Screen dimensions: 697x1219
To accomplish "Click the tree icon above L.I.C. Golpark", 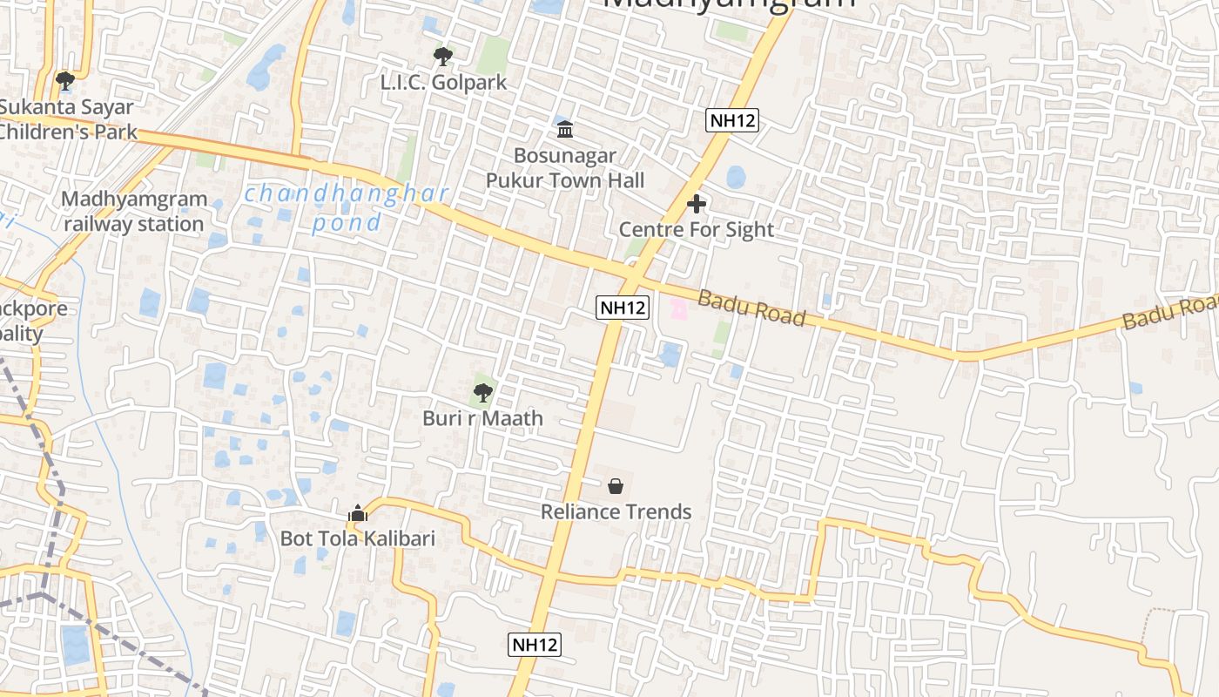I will (x=443, y=57).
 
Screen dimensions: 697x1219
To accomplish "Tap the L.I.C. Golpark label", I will (x=443, y=84).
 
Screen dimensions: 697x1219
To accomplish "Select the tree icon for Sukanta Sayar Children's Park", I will (x=64, y=81).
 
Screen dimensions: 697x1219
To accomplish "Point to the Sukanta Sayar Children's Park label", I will (x=68, y=119).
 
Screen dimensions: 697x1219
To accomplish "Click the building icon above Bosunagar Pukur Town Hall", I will (x=565, y=130).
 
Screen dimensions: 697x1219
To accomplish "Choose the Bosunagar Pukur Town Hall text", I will (x=565, y=168).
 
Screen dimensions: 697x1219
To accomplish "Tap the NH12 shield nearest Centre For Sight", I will (x=731, y=120).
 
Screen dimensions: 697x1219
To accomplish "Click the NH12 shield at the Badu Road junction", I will (x=623, y=307).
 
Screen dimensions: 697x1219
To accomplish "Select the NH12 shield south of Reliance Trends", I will (x=534, y=645).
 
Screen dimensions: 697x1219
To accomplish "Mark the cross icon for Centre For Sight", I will (x=697, y=205).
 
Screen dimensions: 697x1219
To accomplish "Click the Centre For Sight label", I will (x=697, y=230).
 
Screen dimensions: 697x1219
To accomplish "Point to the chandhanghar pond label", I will (x=347, y=207).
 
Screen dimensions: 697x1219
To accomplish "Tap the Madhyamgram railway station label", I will (x=134, y=212).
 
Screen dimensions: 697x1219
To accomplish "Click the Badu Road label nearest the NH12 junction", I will (x=751, y=308).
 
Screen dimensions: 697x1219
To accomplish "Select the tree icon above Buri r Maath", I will (x=483, y=393).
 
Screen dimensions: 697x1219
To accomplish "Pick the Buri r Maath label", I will (x=482, y=419).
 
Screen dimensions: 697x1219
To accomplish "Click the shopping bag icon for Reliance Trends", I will (x=616, y=486).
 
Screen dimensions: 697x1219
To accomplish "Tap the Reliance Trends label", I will (x=616, y=511).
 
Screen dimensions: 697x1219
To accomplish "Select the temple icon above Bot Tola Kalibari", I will (x=358, y=514).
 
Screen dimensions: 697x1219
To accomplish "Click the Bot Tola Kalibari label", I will (x=357, y=538).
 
